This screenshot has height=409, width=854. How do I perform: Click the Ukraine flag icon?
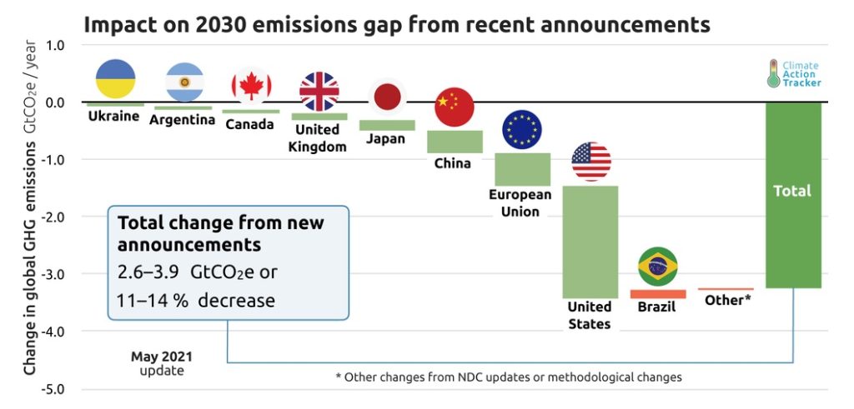[x=115, y=79]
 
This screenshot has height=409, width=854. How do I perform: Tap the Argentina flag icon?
[x=184, y=82]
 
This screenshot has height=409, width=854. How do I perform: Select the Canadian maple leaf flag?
[x=252, y=86]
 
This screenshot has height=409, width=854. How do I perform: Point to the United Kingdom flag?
[x=319, y=91]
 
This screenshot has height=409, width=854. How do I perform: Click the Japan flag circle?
[x=387, y=97]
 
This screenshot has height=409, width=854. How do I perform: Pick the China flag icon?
[x=455, y=107]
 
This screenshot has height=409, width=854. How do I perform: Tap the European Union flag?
[x=522, y=129]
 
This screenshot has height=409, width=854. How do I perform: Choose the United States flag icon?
[x=591, y=162]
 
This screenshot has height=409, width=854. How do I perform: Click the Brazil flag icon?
[x=658, y=267]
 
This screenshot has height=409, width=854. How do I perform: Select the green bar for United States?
[x=590, y=242]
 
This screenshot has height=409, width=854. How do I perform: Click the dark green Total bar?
[x=793, y=195]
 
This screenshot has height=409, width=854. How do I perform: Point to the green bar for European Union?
[x=522, y=170]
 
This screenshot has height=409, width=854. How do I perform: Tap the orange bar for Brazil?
[x=657, y=294]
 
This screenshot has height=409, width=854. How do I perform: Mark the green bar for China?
[x=455, y=142]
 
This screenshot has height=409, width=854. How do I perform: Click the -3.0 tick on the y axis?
[x=51, y=273]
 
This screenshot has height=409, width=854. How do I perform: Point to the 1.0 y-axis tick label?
[x=53, y=45]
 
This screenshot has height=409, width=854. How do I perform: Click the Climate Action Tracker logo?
[x=793, y=74]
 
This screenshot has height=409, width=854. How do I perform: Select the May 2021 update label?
[x=162, y=364]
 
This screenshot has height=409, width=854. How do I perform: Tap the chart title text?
[x=396, y=24]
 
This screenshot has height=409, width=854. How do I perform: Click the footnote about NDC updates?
[x=509, y=377]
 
